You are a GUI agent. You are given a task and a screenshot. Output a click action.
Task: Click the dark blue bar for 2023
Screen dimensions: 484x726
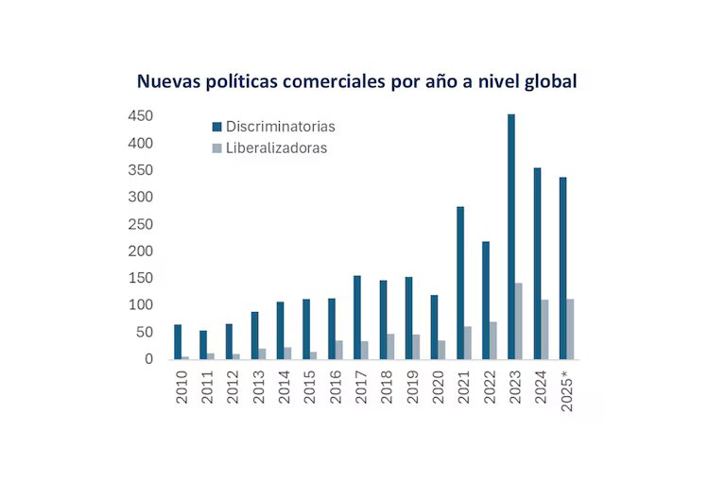tap(511, 236)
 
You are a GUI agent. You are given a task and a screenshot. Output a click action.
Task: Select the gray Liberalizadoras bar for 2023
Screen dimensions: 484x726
tap(518, 321)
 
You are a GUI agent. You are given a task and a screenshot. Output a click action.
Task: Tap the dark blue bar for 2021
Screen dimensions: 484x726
tap(460, 283)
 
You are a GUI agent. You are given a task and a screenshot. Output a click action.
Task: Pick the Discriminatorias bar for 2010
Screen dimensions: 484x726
tap(178, 341)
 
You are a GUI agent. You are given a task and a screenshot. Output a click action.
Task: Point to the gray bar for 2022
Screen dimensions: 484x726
tap(493, 340)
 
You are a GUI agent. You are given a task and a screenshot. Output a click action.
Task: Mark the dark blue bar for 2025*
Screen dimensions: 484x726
tap(562, 268)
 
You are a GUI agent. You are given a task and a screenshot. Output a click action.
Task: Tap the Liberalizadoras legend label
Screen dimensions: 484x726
tap(276, 147)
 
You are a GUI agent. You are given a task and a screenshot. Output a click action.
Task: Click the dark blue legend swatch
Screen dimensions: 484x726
tap(216, 127)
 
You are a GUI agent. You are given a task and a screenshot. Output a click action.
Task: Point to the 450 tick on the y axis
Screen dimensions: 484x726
tap(141, 116)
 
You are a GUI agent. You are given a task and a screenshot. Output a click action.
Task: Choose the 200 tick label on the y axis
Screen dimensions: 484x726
tap(141, 251)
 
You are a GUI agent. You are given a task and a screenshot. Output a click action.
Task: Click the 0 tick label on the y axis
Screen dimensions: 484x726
tap(148, 359)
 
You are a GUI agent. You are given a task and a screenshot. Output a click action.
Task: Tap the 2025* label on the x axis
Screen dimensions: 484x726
tap(567, 389)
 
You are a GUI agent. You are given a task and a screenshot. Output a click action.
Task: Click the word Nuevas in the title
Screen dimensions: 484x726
tap(167, 81)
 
